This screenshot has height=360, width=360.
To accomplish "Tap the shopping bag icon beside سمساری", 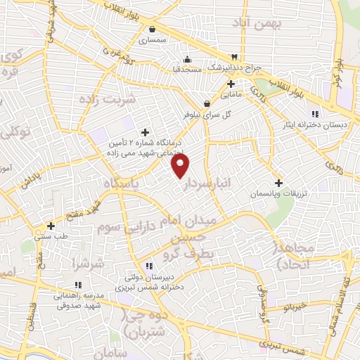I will click(x=153, y=30).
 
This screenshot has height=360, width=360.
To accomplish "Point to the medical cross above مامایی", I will click(x=231, y=84).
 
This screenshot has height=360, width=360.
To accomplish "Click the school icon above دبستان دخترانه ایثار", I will click(x=315, y=114).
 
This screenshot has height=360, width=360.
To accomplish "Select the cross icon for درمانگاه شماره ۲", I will click(x=146, y=131).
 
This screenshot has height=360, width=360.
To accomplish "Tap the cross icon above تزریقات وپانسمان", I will click(x=279, y=181).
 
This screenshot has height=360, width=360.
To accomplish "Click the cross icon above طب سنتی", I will click(x=51, y=226).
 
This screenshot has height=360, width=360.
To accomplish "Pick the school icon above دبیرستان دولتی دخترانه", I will click(x=148, y=266).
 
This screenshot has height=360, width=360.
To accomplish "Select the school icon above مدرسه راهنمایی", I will click(x=78, y=285).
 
